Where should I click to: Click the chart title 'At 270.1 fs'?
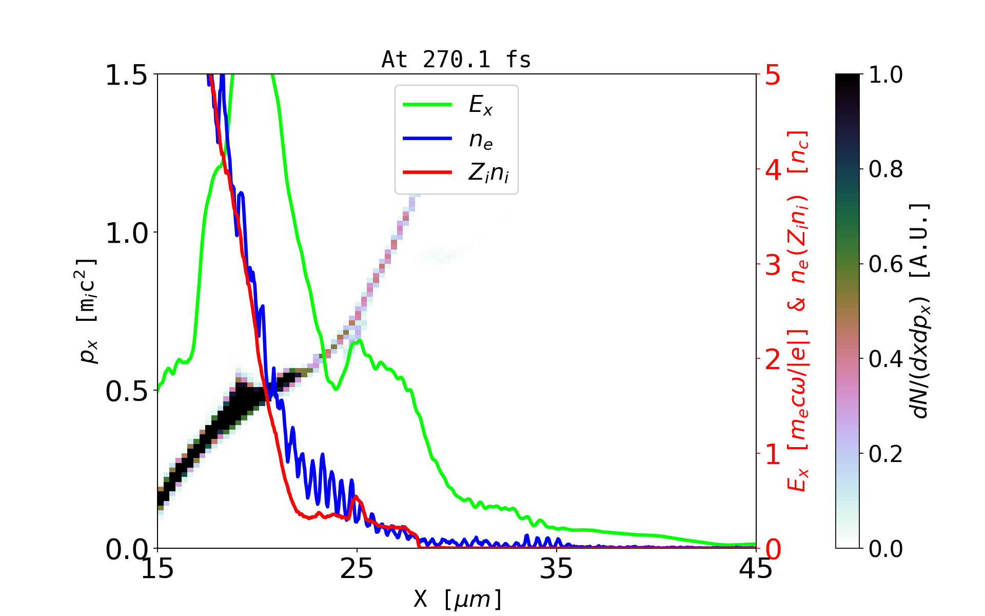point(456,60)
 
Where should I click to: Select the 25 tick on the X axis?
point(357,569)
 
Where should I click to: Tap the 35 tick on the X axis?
point(557,569)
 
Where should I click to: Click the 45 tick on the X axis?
point(756,569)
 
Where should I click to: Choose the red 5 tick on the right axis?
point(773,75)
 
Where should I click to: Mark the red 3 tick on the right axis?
point(773,265)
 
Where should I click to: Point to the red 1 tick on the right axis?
point(773,454)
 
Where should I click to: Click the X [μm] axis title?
point(457,599)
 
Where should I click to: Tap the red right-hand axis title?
point(798,311)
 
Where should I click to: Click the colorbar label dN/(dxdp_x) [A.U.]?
point(921,311)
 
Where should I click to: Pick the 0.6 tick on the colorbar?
point(885,264)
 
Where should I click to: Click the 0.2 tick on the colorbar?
point(885,454)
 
